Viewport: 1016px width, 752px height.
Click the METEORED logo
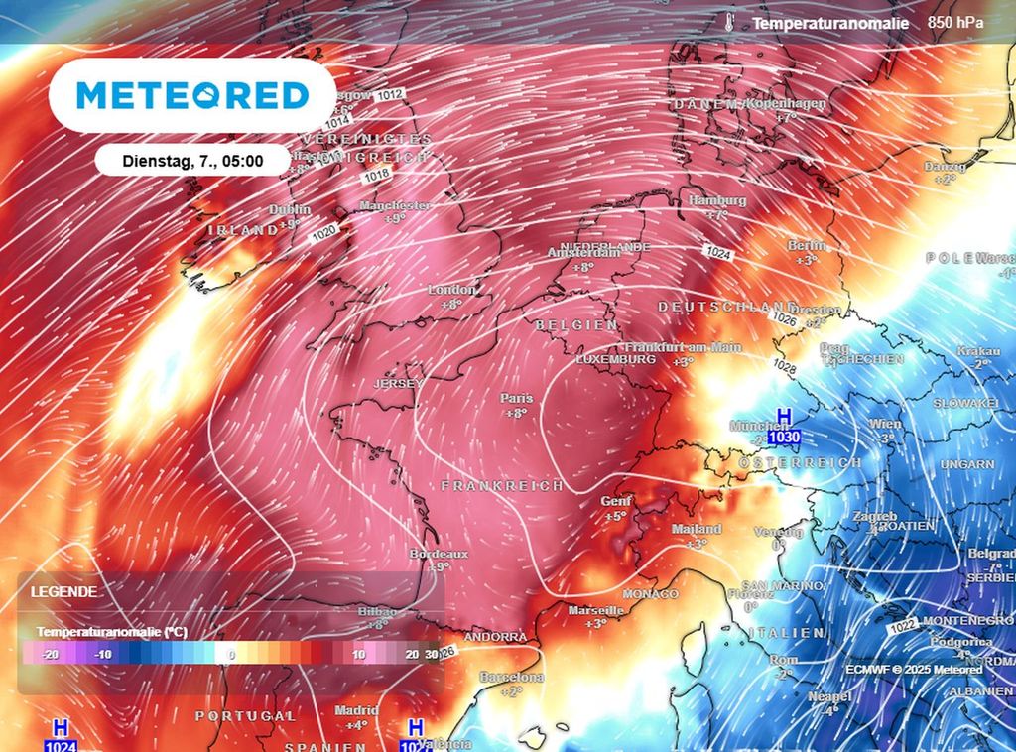pyautogui.click(x=192, y=95)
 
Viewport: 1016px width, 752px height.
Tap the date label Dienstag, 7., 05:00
pyautogui.click(x=192, y=160)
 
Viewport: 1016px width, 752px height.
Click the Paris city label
pyautogui.click(x=516, y=398)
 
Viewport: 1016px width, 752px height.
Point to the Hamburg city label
pyautogui.click(x=716, y=200)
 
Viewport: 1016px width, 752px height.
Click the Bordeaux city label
pyautogui.click(x=439, y=554)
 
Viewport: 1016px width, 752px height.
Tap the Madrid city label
pyautogui.click(x=356, y=710)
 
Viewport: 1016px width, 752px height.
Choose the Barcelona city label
pyautogui.click(x=510, y=677)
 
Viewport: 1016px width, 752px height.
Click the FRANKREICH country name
pyautogui.click(x=502, y=486)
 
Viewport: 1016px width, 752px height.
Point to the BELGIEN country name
pyautogui.click(x=576, y=325)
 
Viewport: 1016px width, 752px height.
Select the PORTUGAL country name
pyautogui.click(x=245, y=715)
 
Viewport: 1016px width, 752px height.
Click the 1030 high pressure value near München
pyautogui.click(x=784, y=437)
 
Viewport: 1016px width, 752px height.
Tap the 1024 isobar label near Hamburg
pyautogui.click(x=720, y=254)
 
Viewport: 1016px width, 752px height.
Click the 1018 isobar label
pyautogui.click(x=376, y=175)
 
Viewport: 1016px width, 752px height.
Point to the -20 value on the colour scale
pyautogui.click(x=52, y=655)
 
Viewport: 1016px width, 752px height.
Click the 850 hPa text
pyautogui.click(x=955, y=22)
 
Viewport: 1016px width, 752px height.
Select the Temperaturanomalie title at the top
pyautogui.click(x=830, y=22)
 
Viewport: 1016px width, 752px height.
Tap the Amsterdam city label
pyautogui.click(x=584, y=253)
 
